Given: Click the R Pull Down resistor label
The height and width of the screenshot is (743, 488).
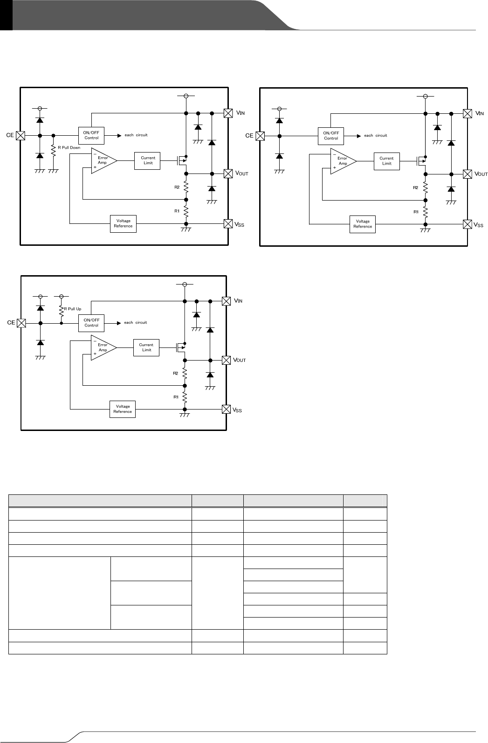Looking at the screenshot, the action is tap(69, 147).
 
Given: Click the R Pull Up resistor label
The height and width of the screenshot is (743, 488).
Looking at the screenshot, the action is tap(72, 309).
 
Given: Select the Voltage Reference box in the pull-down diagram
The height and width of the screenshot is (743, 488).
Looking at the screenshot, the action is tap(123, 223).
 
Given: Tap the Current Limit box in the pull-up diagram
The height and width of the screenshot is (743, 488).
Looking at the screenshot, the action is tap(146, 347).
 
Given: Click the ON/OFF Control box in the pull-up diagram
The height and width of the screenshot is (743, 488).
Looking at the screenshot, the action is tap(91, 323).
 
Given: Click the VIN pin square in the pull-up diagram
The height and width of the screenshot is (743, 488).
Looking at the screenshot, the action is tap(226, 301).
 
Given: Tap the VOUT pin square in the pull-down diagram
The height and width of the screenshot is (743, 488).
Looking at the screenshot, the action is tap(228, 174).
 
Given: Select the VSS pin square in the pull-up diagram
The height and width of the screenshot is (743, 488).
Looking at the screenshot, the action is tap(226, 409).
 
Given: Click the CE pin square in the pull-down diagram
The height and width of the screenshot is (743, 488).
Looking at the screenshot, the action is tap(21, 135).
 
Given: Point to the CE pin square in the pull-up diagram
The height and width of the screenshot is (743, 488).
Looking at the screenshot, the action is tap(21, 323).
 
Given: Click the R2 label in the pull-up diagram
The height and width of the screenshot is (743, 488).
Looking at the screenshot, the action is tap(176, 373).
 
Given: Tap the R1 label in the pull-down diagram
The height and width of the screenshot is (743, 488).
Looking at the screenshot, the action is tap(177, 211).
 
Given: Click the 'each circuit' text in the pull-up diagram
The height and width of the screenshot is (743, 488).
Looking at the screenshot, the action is tap(135, 323).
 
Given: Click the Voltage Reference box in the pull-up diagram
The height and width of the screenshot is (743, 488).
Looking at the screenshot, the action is tap(123, 409).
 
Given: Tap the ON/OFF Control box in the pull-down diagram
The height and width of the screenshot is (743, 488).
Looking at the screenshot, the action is tap(91, 135).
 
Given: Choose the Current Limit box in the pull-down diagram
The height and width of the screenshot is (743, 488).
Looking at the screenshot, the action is tap(148, 160).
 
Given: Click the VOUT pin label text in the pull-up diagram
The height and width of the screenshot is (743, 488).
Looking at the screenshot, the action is tap(240, 361).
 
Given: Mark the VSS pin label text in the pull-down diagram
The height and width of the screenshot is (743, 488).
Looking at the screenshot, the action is tap(240, 225).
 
